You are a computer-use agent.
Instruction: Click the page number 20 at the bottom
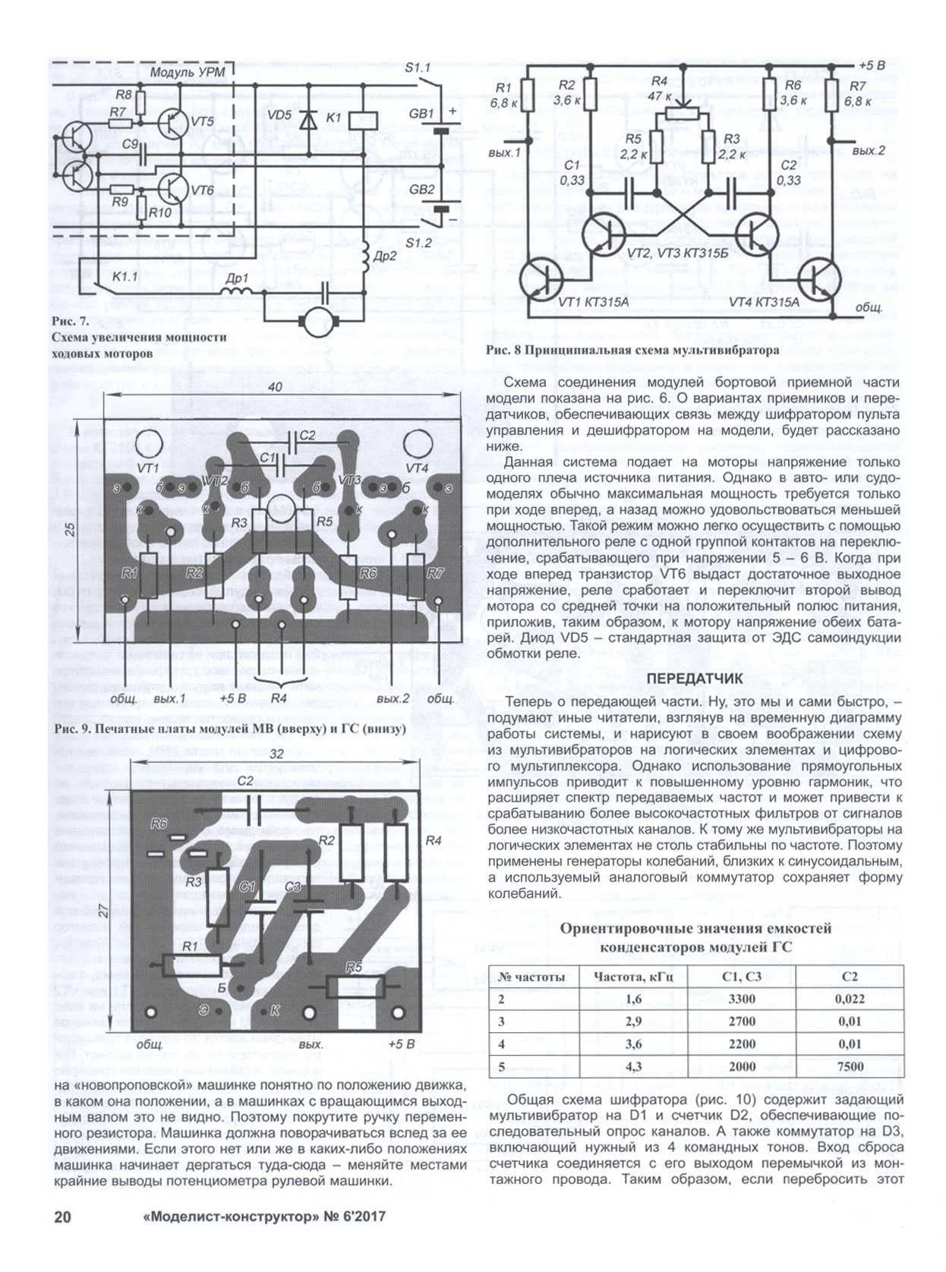[62, 1216]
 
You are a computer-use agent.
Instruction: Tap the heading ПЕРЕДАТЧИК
[694, 678]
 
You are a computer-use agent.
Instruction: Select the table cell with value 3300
[741, 999]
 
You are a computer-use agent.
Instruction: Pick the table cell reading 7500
[850, 1066]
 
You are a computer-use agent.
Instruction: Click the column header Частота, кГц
[633, 977]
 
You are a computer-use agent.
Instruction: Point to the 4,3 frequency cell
[633, 1066]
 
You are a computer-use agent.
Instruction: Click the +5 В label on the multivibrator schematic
[872, 65]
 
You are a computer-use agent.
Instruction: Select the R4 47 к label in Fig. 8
[659, 88]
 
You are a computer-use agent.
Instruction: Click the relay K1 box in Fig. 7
[363, 119]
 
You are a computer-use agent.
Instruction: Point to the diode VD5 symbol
[308, 120]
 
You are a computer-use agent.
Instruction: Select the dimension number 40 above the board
[274, 387]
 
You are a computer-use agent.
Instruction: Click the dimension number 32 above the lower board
[276, 754]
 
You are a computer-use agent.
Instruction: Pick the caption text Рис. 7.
[71, 321]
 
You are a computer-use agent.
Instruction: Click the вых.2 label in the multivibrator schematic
[868, 151]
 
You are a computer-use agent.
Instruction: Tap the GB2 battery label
[422, 189]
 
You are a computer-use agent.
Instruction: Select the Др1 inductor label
[236, 278]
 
